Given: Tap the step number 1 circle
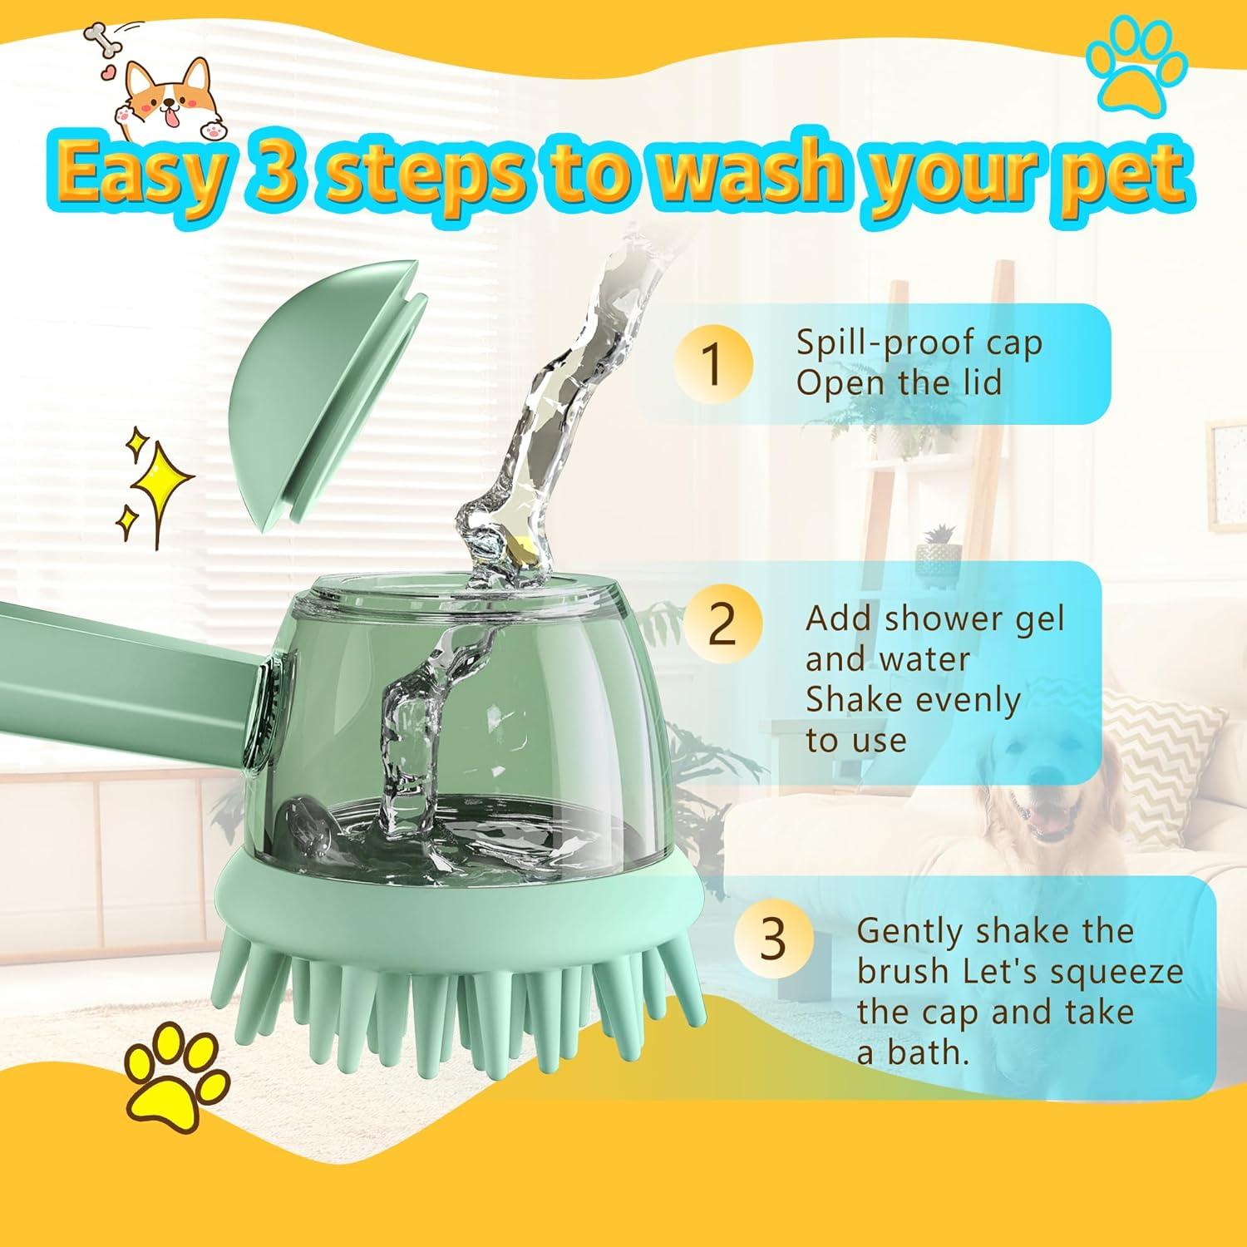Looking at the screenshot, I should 712,363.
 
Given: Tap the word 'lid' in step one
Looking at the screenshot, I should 976,383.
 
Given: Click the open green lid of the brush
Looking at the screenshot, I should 324,391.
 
